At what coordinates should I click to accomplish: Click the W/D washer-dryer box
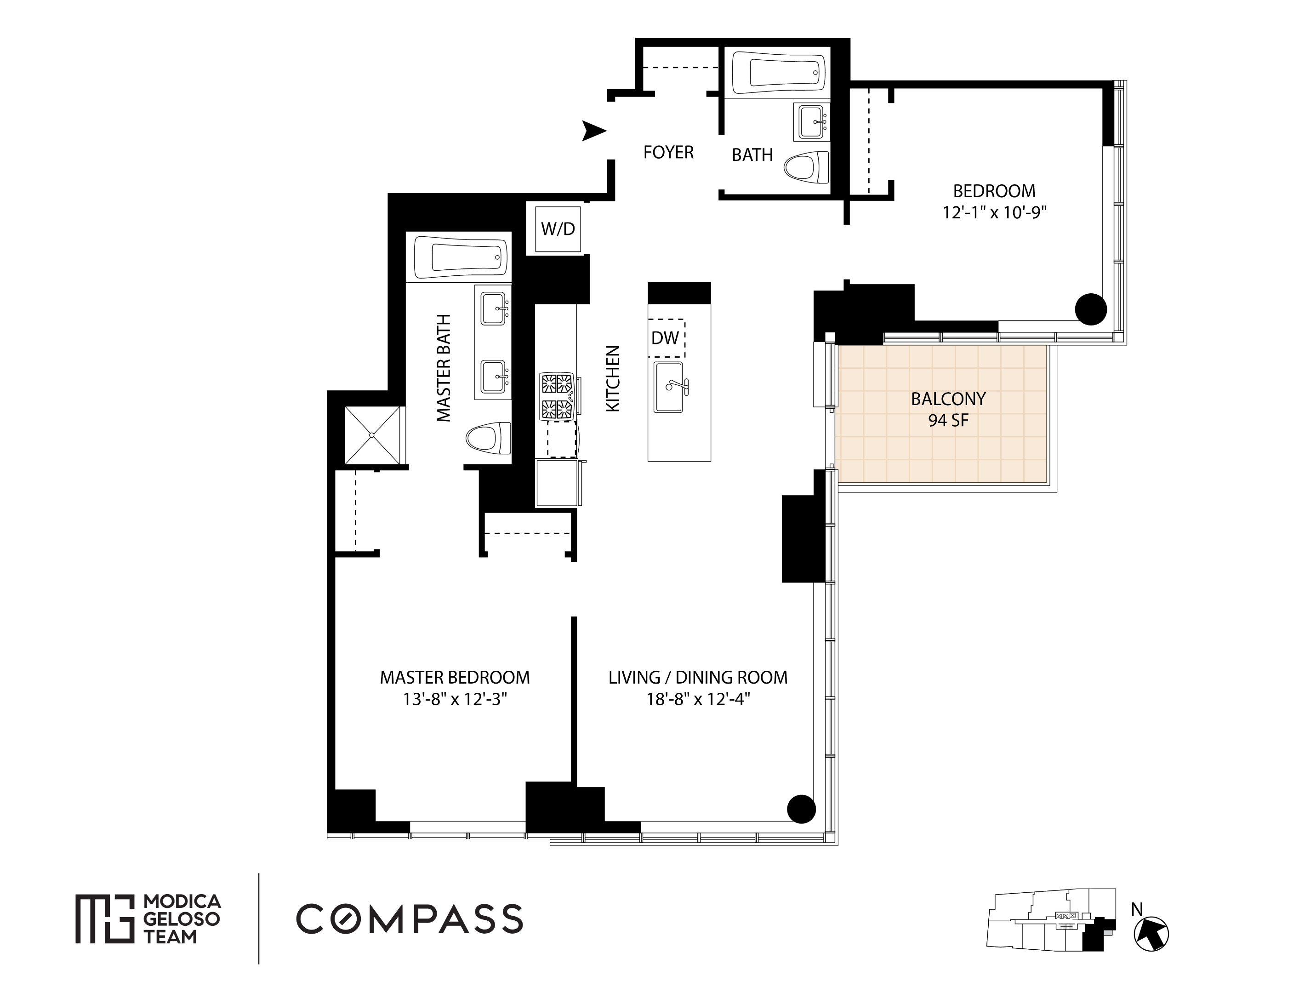pos(558,229)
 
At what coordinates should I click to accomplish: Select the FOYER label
pos(668,153)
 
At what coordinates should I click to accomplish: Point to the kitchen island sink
pos(669,387)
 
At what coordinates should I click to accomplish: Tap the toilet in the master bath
pos(488,438)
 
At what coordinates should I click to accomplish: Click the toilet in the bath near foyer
pos(807,167)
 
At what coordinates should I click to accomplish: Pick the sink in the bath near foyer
pos(813,122)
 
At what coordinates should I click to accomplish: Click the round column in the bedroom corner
pos(1090,309)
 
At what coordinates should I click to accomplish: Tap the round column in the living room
pos(801,808)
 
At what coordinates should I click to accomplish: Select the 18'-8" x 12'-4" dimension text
pos(698,699)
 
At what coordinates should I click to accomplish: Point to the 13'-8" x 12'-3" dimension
pos(455,699)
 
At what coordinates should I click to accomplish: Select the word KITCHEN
pos(613,379)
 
